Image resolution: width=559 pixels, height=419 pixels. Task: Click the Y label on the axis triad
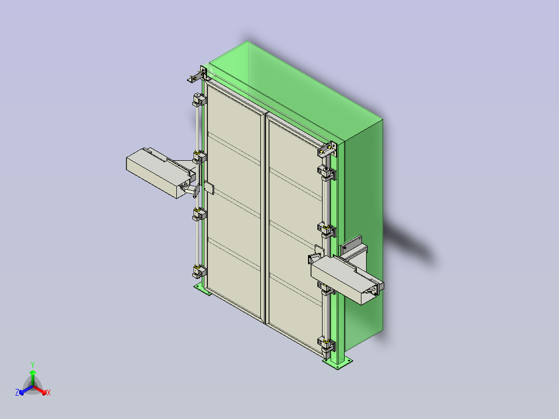click(32, 365)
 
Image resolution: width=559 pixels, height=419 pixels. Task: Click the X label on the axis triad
click(48, 393)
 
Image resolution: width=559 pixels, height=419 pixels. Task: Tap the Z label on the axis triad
click(17, 393)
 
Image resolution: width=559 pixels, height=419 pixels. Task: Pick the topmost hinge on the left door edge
click(199, 99)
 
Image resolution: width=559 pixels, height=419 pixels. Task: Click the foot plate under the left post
click(202, 290)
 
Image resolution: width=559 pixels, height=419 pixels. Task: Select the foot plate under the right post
click(340, 362)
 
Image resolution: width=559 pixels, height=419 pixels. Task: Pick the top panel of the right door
click(290, 150)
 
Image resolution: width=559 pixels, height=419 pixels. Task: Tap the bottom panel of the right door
click(293, 311)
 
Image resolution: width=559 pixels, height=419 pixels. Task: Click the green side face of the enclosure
click(363, 207)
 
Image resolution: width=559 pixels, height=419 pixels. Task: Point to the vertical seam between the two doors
click(265, 218)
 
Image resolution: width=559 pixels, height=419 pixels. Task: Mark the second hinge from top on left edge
click(199, 156)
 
